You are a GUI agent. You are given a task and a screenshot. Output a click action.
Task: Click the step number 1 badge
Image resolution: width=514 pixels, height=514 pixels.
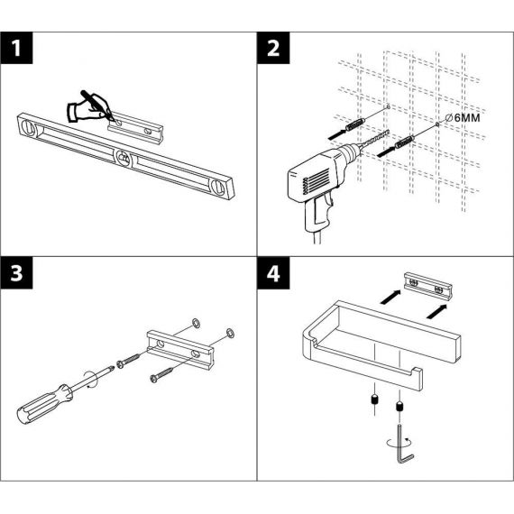coord(16,48)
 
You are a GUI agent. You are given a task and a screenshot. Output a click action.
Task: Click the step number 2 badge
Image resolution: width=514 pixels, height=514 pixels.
coord(273,48)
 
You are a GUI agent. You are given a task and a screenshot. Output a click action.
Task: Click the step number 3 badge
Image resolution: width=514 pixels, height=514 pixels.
coord(16,272)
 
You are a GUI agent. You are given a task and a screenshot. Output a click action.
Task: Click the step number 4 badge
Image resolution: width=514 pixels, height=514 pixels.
coord(273,272)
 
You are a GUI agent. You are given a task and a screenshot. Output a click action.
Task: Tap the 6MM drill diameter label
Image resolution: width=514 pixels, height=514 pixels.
coord(463,118)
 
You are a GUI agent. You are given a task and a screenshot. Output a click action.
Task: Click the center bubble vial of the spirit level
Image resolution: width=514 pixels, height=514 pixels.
coord(124,159)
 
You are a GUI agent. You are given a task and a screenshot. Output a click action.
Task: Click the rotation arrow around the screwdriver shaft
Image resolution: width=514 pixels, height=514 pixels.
coord(91,381)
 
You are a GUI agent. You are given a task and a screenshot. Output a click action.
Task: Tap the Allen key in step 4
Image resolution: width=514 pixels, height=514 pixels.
coord(404,445)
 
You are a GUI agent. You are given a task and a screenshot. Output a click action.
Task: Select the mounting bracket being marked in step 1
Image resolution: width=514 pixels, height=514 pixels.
coord(135,128)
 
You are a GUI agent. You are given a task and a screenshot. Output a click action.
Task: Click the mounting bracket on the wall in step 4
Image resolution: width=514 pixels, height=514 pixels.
coord(428,286)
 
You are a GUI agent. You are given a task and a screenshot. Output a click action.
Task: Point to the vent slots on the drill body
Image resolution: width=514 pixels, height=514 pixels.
coord(317,181)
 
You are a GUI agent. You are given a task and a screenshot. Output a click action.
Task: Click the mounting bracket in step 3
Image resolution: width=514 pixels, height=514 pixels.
coord(180,350)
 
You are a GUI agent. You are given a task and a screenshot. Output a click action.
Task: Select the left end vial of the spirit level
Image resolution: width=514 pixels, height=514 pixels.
coord(29,126)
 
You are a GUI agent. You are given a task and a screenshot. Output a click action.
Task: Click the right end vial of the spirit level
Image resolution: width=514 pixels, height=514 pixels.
coord(220,188)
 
